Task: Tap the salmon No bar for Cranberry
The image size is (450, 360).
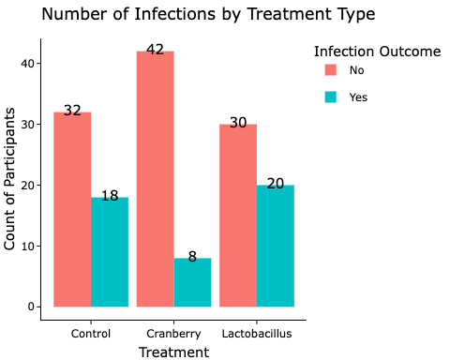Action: click(156, 178)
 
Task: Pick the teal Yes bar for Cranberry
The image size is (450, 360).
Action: click(192, 282)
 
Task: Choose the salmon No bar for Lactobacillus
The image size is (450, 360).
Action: click(238, 215)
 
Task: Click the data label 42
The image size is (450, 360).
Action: click(156, 51)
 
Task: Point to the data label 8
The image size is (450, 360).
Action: click(192, 257)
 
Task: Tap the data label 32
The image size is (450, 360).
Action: click(72, 111)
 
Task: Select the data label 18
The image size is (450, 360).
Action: click(110, 197)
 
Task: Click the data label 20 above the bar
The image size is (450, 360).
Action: click(276, 184)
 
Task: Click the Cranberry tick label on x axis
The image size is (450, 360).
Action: click(173, 334)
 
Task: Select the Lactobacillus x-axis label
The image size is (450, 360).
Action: click(257, 334)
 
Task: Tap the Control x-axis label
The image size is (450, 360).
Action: click(91, 334)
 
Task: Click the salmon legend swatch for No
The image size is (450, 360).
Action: click(331, 70)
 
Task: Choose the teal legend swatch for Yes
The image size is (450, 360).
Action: click(331, 97)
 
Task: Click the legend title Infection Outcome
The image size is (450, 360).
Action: click(377, 52)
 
